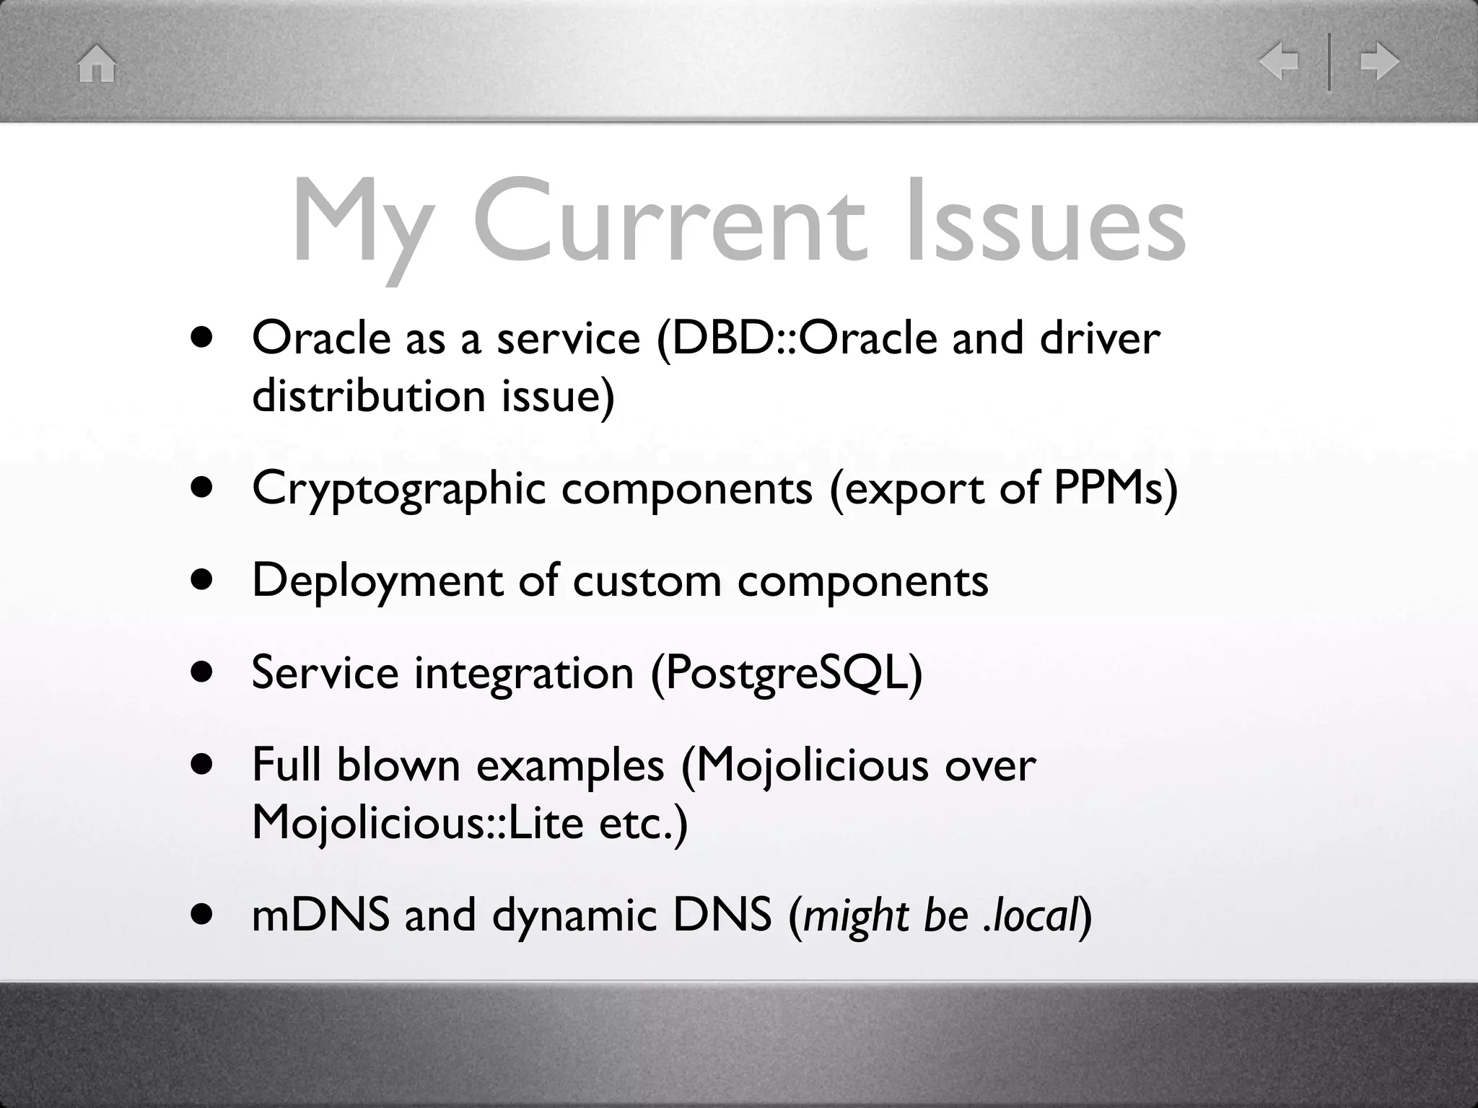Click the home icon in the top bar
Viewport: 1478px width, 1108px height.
(97, 64)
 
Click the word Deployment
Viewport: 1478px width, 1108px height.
(377, 581)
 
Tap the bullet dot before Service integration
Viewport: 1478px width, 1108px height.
(203, 673)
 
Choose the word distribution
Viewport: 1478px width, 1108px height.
(368, 396)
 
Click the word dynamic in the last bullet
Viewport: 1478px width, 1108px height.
(574, 916)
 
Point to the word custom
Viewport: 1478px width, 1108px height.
(647, 581)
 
